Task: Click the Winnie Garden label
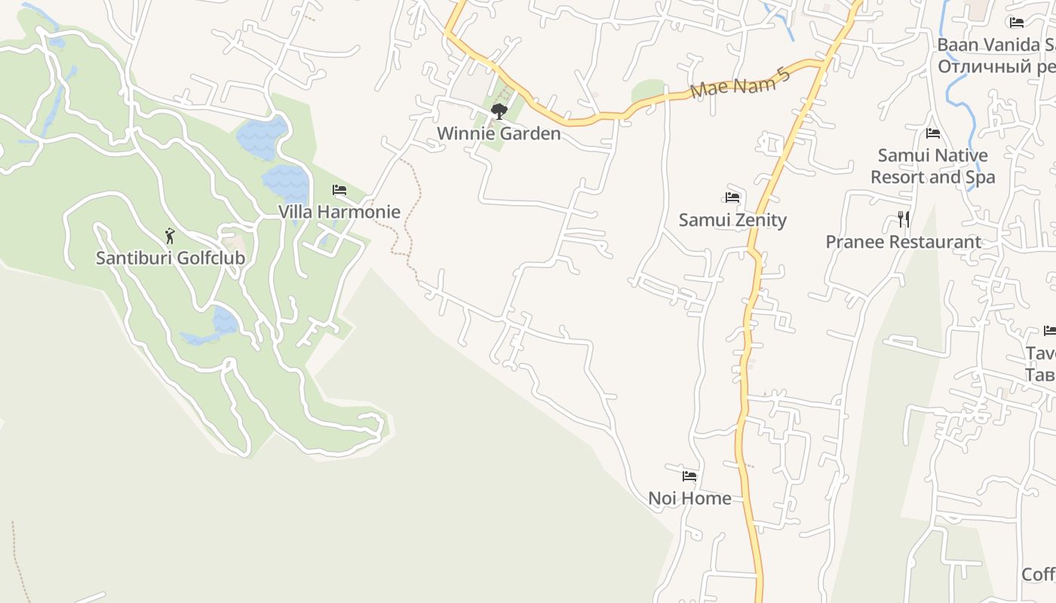pyautogui.click(x=499, y=134)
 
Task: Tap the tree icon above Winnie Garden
pyautogui.click(x=499, y=112)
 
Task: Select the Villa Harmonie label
pyautogui.click(x=339, y=212)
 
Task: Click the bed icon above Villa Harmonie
pyautogui.click(x=339, y=190)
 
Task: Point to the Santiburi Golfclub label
pyautogui.click(x=170, y=258)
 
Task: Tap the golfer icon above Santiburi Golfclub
pyautogui.click(x=170, y=236)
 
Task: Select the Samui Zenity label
pyautogui.click(x=732, y=220)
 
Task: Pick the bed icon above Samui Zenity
pyautogui.click(x=732, y=197)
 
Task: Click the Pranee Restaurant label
pyautogui.click(x=903, y=242)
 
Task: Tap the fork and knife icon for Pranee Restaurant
pyautogui.click(x=903, y=219)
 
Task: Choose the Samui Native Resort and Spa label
pyautogui.click(x=933, y=167)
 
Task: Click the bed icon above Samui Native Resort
pyautogui.click(x=933, y=134)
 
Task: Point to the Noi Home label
pyautogui.click(x=689, y=498)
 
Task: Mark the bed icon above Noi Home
pyautogui.click(x=689, y=476)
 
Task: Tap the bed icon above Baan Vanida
pyautogui.click(x=1017, y=23)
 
